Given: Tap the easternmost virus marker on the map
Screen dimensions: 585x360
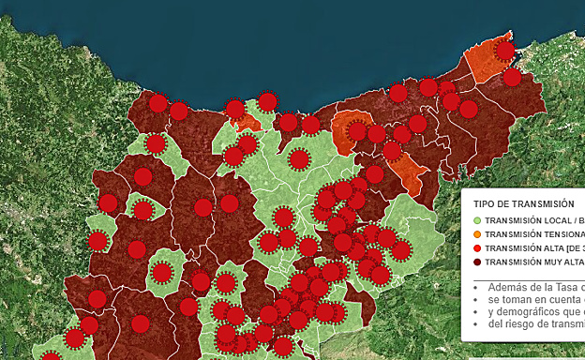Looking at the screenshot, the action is pos(512,77).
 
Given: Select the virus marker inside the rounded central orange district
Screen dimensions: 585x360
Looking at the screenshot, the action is pos(357,130).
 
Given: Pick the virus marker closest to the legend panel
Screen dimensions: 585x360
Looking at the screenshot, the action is pos(400,249).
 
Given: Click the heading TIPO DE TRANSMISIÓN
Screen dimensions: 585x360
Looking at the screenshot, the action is pos(522,203).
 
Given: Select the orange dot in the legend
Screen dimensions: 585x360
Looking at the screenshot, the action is pos(477,234).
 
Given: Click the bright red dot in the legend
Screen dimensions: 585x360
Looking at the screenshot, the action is pos(477,248).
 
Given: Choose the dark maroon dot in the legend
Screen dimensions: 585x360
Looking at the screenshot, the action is pos(477,262).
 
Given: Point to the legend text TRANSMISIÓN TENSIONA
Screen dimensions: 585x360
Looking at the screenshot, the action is pos(534,234).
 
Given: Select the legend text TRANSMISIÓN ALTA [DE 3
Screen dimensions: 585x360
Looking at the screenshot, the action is pos(534,248).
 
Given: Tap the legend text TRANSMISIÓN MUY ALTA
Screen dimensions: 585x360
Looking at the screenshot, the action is pos(534,262).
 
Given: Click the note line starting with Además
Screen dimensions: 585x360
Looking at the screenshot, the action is pos(534,287).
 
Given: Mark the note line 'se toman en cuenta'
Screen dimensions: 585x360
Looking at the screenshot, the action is pos(534,299).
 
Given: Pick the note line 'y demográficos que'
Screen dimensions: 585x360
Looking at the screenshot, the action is pos(534,311).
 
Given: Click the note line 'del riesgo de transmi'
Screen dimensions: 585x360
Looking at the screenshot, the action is pos(534,324).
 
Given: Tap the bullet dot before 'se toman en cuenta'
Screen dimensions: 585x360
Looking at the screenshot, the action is pos(476,300).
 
